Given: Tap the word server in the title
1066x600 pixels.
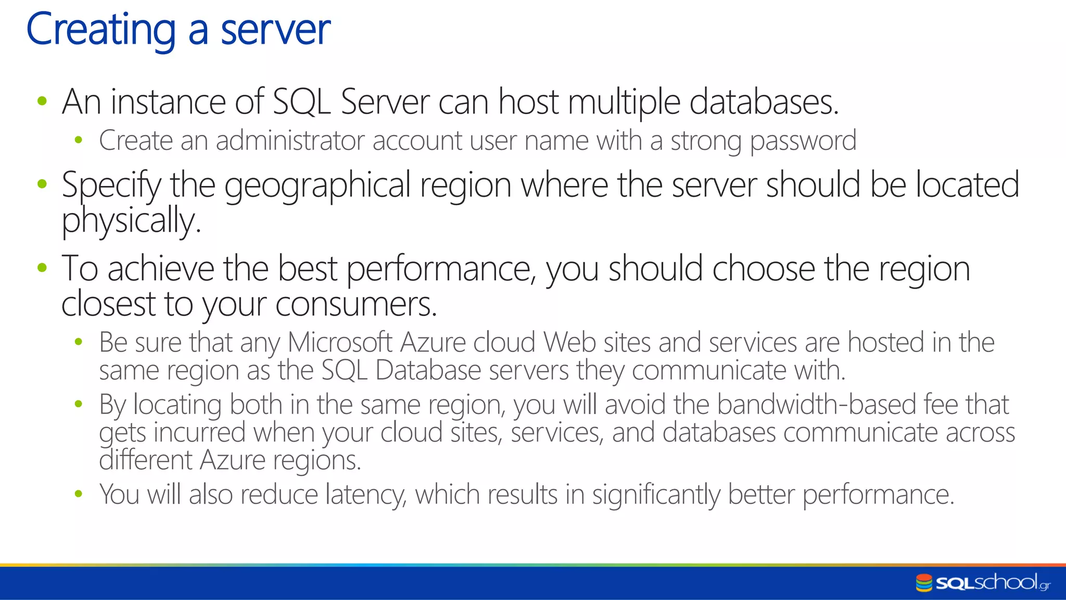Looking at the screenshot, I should (x=275, y=30).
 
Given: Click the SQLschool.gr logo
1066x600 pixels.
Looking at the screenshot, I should (x=983, y=582).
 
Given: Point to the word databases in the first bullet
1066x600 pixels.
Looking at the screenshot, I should (x=764, y=102).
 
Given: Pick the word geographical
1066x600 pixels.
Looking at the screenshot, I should (x=318, y=185).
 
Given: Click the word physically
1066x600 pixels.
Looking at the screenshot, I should (x=131, y=220).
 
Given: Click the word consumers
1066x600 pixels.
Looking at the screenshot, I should (x=356, y=304).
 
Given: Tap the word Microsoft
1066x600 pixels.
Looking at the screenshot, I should (x=340, y=343).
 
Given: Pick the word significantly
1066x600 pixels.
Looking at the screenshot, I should (x=656, y=495).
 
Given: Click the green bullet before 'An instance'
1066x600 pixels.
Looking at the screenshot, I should (x=42, y=101).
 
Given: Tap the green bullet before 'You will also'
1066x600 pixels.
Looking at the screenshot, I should (x=79, y=493).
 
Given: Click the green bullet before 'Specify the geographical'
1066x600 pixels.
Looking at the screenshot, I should (x=42, y=184).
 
